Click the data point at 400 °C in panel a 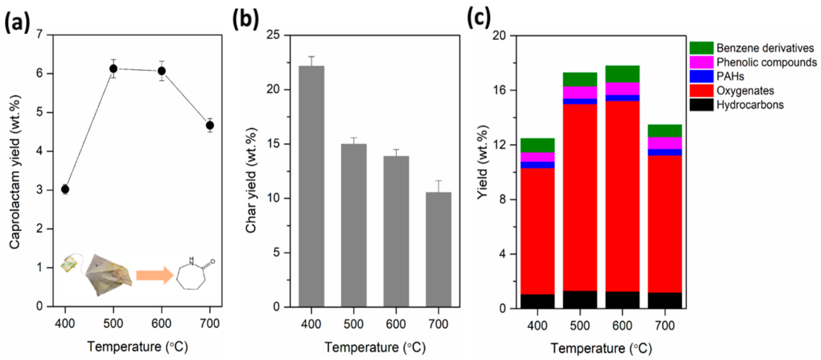[x=65, y=189]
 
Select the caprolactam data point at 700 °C [x=210, y=125]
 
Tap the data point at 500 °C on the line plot [x=113, y=69]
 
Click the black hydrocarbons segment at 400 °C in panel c [x=537, y=301]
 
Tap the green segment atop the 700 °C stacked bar [x=665, y=131]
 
